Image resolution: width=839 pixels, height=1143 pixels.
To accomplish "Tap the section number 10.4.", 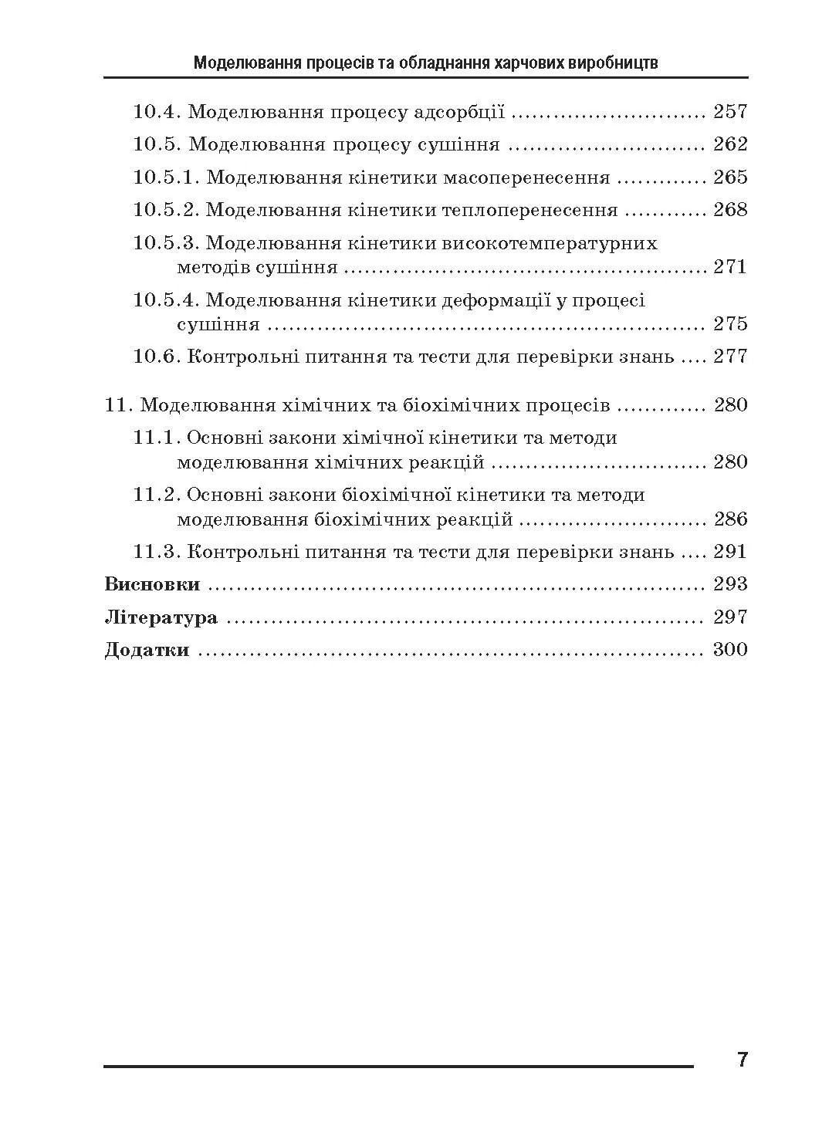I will coord(157,112).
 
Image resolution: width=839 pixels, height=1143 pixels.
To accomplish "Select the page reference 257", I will coord(730,112).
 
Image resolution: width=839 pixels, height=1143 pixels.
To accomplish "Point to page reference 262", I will coord(730,144).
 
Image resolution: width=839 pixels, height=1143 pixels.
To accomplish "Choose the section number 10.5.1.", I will coord(167,178).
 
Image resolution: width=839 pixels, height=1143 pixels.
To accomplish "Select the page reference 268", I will coord(730,210).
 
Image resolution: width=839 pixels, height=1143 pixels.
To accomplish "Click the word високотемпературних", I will coord(550,243).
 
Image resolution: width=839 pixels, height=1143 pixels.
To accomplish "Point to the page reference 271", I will coord(730,268).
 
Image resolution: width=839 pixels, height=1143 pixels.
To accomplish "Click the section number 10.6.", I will coord(157,357).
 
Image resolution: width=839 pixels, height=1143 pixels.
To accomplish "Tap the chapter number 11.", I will coord(118,405).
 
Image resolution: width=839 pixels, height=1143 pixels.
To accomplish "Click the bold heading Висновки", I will coord(152,584).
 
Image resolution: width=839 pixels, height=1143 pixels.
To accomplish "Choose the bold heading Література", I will coord(161,617).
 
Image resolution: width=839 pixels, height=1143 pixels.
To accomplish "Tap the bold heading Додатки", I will coord(147,650).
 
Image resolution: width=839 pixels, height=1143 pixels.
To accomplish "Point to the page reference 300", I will coord(730,650).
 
